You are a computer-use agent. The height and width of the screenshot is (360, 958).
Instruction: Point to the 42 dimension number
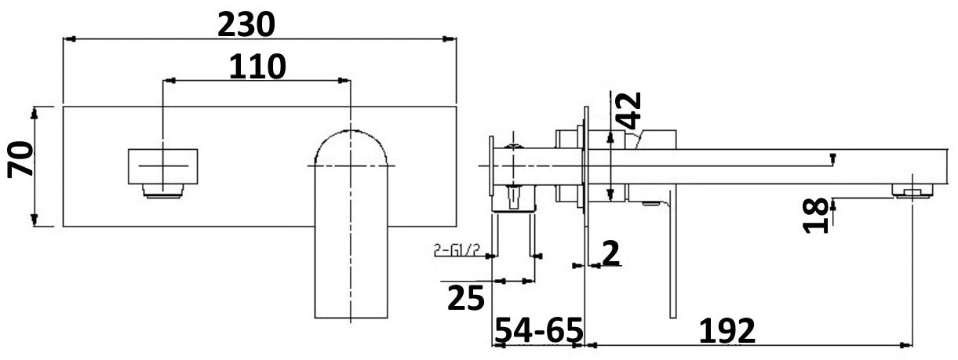click(628, 110)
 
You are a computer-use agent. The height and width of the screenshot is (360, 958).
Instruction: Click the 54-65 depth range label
click(537, 330)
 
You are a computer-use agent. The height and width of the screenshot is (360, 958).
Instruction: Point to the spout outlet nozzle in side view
click(909, 190)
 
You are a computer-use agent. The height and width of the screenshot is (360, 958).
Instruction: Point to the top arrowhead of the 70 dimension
click(35, 111)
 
